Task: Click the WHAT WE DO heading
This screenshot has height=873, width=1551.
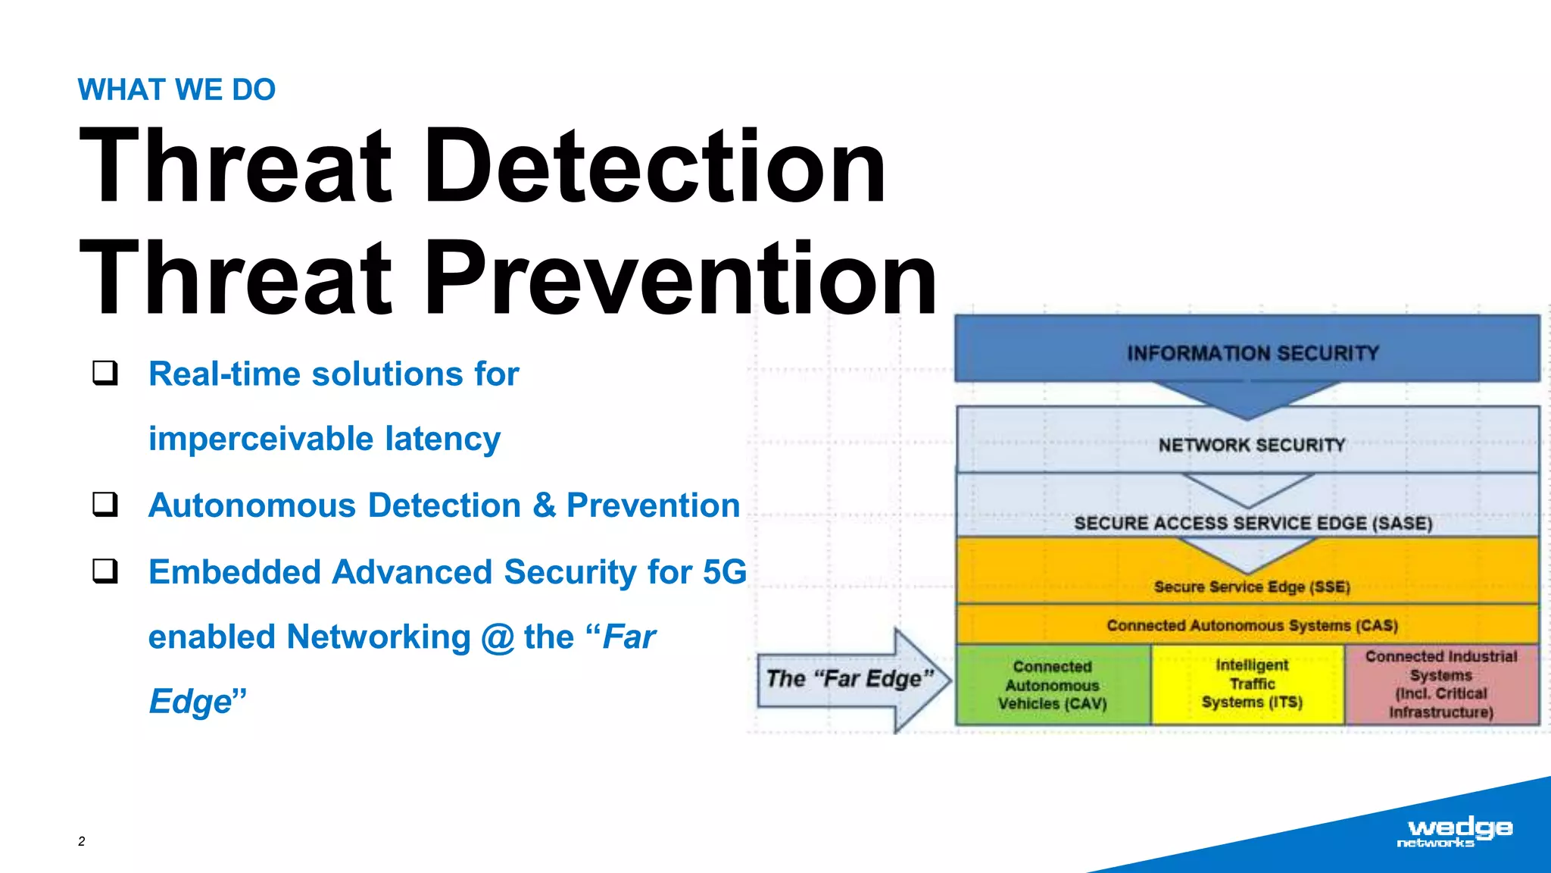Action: [176, 89]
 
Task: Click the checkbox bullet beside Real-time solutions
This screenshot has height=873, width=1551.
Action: [105, 373]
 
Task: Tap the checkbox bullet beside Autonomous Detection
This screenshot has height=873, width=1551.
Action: [105, 504]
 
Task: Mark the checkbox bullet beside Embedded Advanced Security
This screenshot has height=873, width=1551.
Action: [105, 571]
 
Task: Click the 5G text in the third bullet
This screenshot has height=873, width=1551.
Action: [724, 572]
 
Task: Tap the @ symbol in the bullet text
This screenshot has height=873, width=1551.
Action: [498, 637]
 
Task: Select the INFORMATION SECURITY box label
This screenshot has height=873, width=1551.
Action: [1253, 353]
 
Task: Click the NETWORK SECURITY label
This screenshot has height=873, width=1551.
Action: [1251, 445]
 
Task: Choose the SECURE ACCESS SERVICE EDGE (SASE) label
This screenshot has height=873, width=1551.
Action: [1253, 523]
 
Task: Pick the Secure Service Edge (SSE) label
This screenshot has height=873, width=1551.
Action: [1251, 587]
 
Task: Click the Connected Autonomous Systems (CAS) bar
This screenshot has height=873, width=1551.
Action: [1251, 625]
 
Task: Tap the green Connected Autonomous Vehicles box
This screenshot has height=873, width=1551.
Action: [1053, 685]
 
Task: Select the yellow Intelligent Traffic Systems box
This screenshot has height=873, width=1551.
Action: [1251, 684]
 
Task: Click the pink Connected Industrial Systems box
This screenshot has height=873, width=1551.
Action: [1440, 684]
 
